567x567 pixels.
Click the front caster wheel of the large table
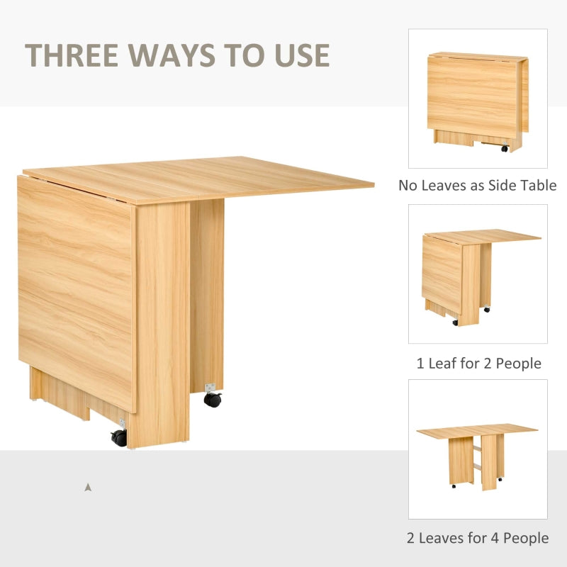[x=119, y=437]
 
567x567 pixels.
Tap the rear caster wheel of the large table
[x=212, y=398]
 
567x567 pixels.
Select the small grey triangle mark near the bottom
[x=88, y=487]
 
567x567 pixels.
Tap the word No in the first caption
[x=408, y=186]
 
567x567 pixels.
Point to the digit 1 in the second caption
[x=420, y=364]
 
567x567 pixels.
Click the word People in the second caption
[x=518, y=364]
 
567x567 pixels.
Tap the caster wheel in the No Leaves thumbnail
[x=505, y=149]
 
